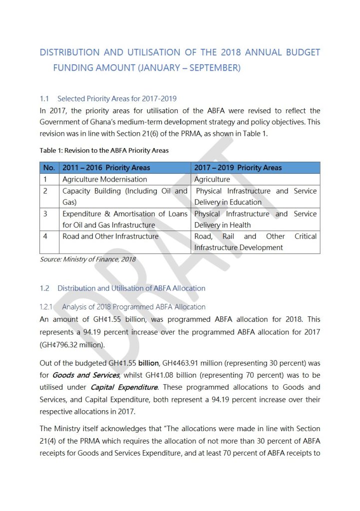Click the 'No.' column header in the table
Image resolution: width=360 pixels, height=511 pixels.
(49, 168)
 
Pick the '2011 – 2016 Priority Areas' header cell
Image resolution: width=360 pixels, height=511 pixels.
(106, 168)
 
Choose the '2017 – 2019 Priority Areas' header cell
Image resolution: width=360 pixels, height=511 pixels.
(238, 168)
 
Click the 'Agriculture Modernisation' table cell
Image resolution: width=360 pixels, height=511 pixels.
(104, 179)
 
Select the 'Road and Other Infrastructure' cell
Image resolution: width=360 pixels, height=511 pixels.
(110, 237)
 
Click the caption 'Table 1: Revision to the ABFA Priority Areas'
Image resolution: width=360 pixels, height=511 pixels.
(104, 151)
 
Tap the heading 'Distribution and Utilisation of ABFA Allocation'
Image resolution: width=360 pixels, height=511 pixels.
(131, 288)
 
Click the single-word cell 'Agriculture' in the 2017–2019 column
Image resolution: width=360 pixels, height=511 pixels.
(212, 179)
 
